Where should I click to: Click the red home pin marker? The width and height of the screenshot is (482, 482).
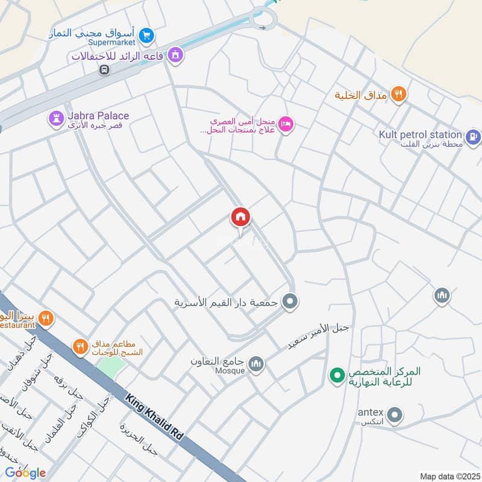pos(240,218)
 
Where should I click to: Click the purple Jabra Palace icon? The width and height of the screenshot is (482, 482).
pos(57,119)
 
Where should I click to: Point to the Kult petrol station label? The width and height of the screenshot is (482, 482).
pos(421,135)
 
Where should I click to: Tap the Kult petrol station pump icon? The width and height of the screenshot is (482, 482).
pos(474,137)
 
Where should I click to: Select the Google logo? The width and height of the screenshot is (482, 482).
pos(25,473)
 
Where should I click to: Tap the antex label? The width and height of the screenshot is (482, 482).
pos(370,413)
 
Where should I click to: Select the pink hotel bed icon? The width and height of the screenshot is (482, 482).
pos(286,124)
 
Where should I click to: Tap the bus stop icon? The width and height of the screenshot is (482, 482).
pos(104,69)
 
